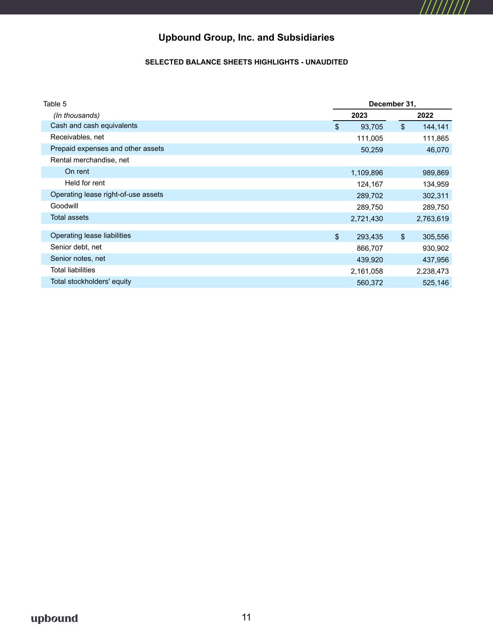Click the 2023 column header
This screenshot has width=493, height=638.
tap(359, 115)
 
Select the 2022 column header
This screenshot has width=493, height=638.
tap(425, 115)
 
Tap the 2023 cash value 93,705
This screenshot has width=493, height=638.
tap(372, 127)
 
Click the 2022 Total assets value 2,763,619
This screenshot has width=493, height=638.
tap(432, 219)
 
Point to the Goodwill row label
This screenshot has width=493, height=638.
tap(64, 206)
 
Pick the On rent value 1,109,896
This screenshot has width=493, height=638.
tap(367, 173)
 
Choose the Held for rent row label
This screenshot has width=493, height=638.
tap(85, 183)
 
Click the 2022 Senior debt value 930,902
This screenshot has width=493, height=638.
tap(436, 248)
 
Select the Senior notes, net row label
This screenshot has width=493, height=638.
tap(78, 258)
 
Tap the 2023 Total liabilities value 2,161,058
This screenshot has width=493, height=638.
tap(367, 271)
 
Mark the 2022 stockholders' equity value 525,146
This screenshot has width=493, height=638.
tap(436, 283)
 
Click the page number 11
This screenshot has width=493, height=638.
tap(246, 617)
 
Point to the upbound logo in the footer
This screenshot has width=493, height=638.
tap(54, 618)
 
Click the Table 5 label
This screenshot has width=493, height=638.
tap(55, 104)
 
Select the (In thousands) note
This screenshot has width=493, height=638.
tap(76, 115)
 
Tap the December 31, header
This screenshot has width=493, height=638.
tap(392, 104)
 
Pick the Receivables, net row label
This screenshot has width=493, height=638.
tap(77, 137)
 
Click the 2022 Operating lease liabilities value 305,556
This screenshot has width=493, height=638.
tap(436, 237)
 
